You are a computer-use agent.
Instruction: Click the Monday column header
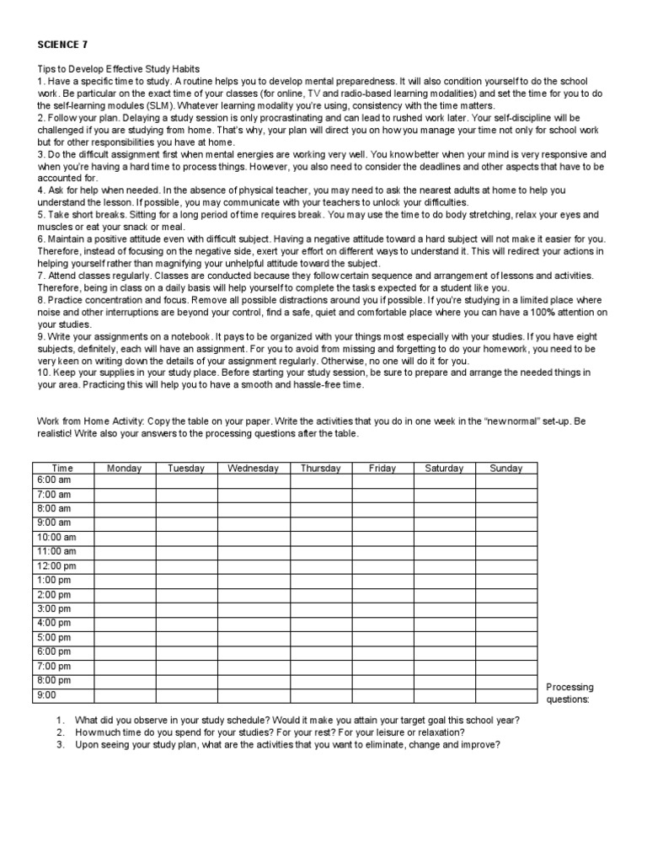[x=125, y=469]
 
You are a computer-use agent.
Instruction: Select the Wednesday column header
[x=254, y=469]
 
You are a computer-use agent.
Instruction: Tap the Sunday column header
[x=506, y=469]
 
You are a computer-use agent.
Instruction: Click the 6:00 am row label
[x=54, y=480]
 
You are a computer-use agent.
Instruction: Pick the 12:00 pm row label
[x=56, y=566]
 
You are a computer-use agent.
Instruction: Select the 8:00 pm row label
[x=54, y=680]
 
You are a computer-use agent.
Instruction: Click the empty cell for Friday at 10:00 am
[x=382, y=537]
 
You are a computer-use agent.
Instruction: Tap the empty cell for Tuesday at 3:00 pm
[x=186, y=608]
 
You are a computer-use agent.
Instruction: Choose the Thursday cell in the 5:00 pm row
[x=321, y=637]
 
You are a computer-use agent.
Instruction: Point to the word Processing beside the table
[x=570, y=687]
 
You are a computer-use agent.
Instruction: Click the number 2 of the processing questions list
[x=61, y=733]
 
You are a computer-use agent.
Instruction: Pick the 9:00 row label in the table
[x=47, y=695]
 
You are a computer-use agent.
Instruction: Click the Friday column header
[x=382, y=469]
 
